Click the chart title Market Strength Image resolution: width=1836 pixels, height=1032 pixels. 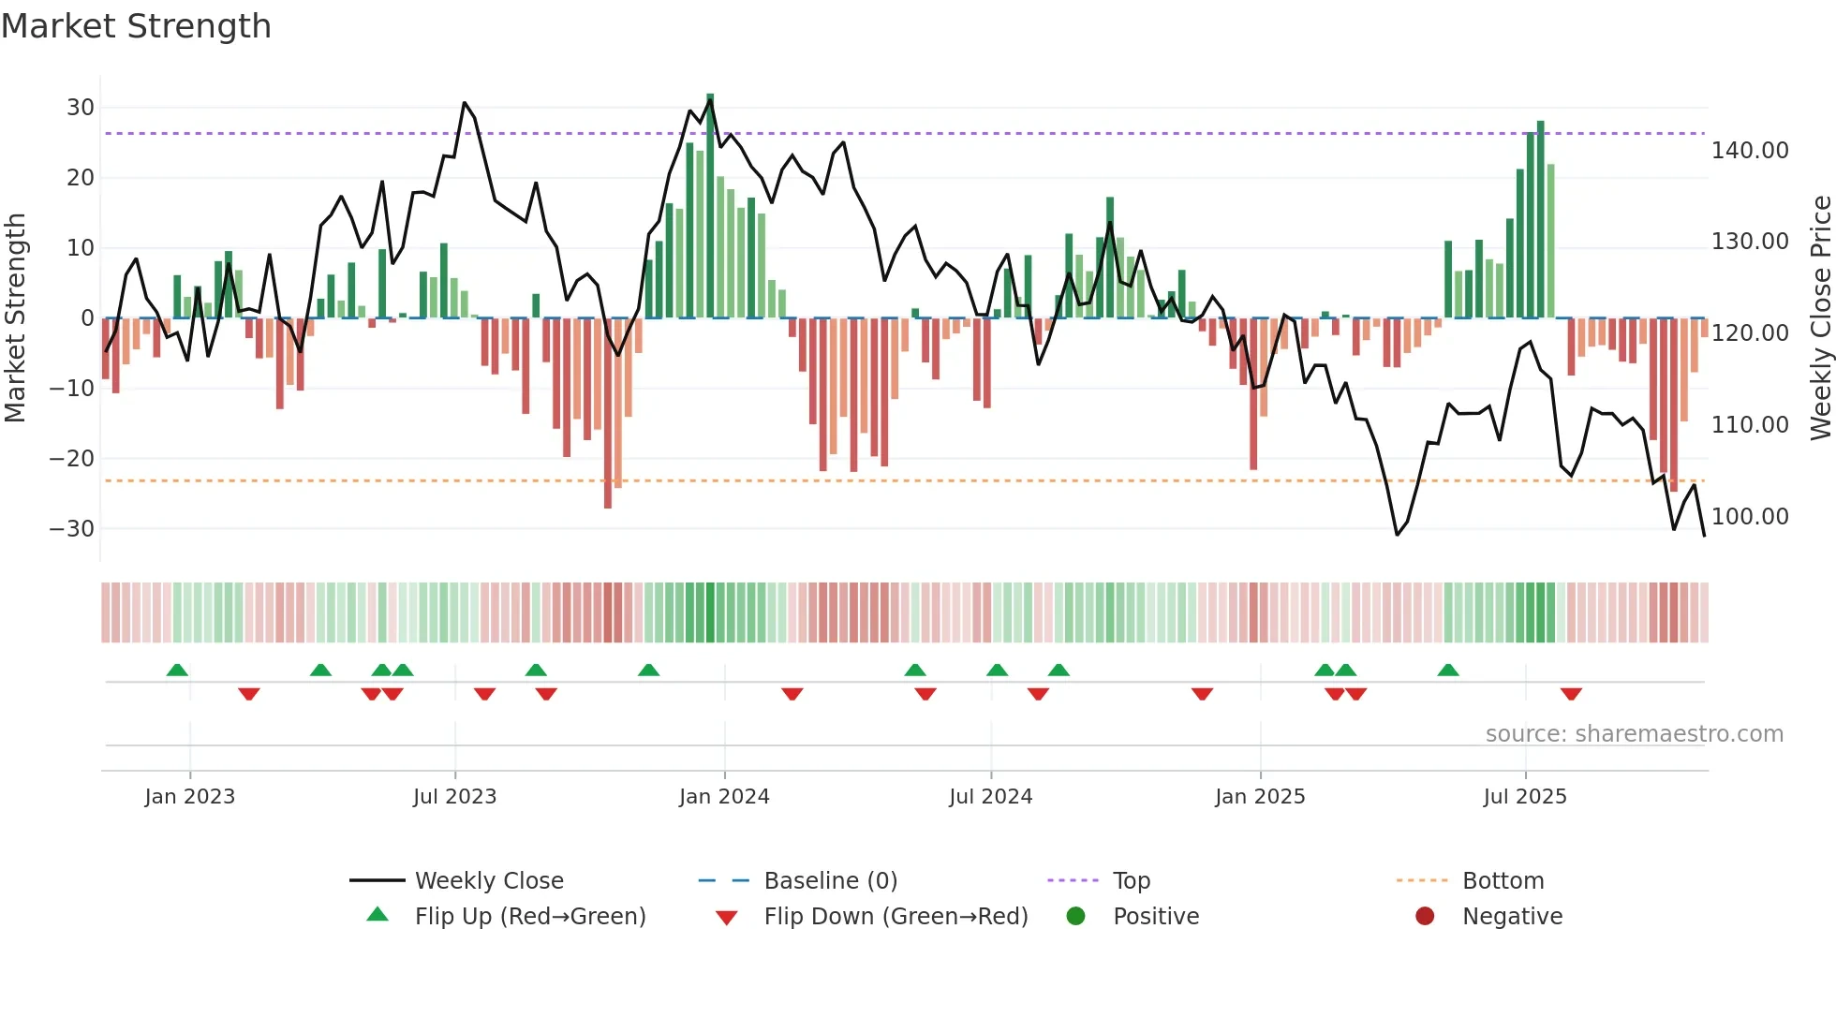pos(136,26)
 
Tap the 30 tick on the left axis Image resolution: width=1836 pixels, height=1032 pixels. pos(81,108)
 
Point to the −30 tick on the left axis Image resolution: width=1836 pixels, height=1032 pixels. pos(73,529)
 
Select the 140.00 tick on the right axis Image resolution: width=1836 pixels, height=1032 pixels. pos(1749,151)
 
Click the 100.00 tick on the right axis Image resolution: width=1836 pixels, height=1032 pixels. pos(1749,517)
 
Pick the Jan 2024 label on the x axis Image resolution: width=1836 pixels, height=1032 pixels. pos(724,797)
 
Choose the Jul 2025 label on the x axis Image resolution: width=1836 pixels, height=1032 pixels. pos(1525,797)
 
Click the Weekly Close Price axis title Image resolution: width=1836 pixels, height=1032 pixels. pos(1820,318)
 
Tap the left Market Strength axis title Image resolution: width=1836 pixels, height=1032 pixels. pos(16,318)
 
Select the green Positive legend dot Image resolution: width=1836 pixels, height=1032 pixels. pos(1075,917)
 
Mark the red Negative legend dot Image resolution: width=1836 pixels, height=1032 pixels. pos(1425,917)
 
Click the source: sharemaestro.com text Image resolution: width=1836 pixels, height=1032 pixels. pos(1634,734)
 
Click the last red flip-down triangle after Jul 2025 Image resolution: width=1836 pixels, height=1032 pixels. pos(1571,694)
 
